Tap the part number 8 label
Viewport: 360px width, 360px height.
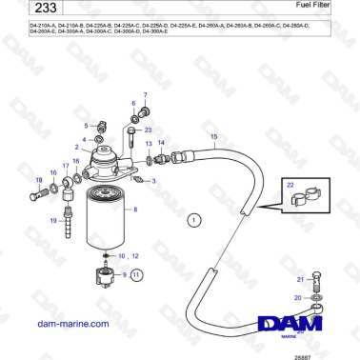click(x=135, y=209)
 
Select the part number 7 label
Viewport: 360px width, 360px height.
click(x=146, y=96)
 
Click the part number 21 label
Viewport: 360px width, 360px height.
click(x=300, y=278)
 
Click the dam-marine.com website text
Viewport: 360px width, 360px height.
click(x=57, y=324)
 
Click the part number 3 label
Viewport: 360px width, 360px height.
click(x=155, y=180)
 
